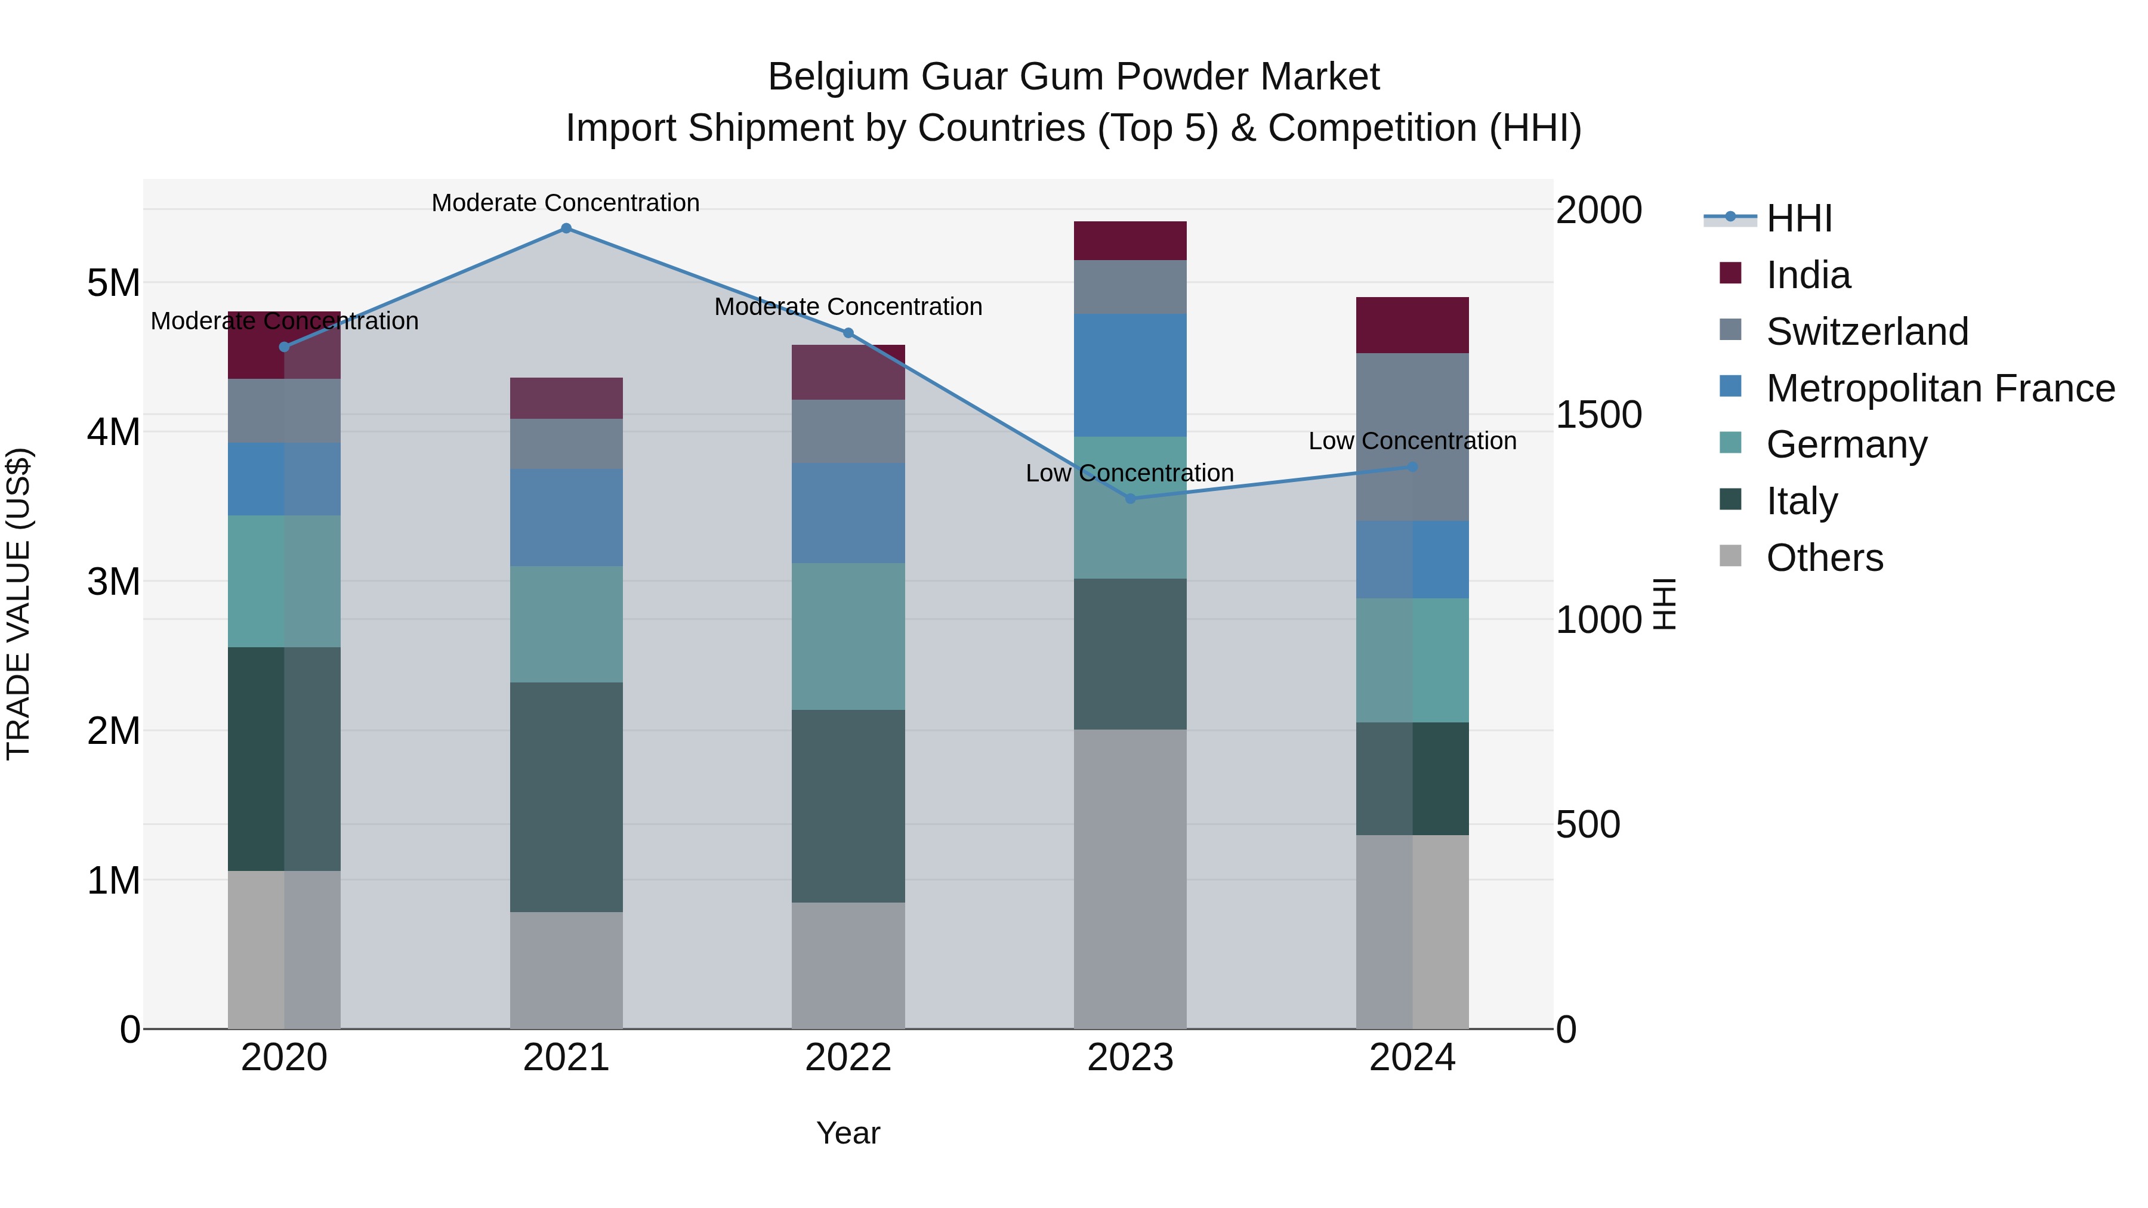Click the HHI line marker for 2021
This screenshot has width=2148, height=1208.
566,228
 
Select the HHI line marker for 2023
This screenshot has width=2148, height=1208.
1131,499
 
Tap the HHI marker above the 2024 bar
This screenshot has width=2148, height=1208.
1412,467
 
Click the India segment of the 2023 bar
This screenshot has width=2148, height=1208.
1130,241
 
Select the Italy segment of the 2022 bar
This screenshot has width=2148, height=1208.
848,805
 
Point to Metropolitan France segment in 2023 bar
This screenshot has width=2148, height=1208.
1130,375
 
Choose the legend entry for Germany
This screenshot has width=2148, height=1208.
1846,444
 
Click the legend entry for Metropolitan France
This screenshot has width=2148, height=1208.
1940,388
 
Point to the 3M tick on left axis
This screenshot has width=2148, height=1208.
113,582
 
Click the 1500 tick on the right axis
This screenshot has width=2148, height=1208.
1598,415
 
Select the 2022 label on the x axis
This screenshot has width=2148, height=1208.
848,1058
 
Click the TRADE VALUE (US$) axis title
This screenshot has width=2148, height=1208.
18,604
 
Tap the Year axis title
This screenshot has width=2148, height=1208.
848,1133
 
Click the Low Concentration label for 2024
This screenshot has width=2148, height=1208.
1412,441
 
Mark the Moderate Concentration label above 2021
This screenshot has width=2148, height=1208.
566,203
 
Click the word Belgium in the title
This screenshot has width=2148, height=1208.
837,77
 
